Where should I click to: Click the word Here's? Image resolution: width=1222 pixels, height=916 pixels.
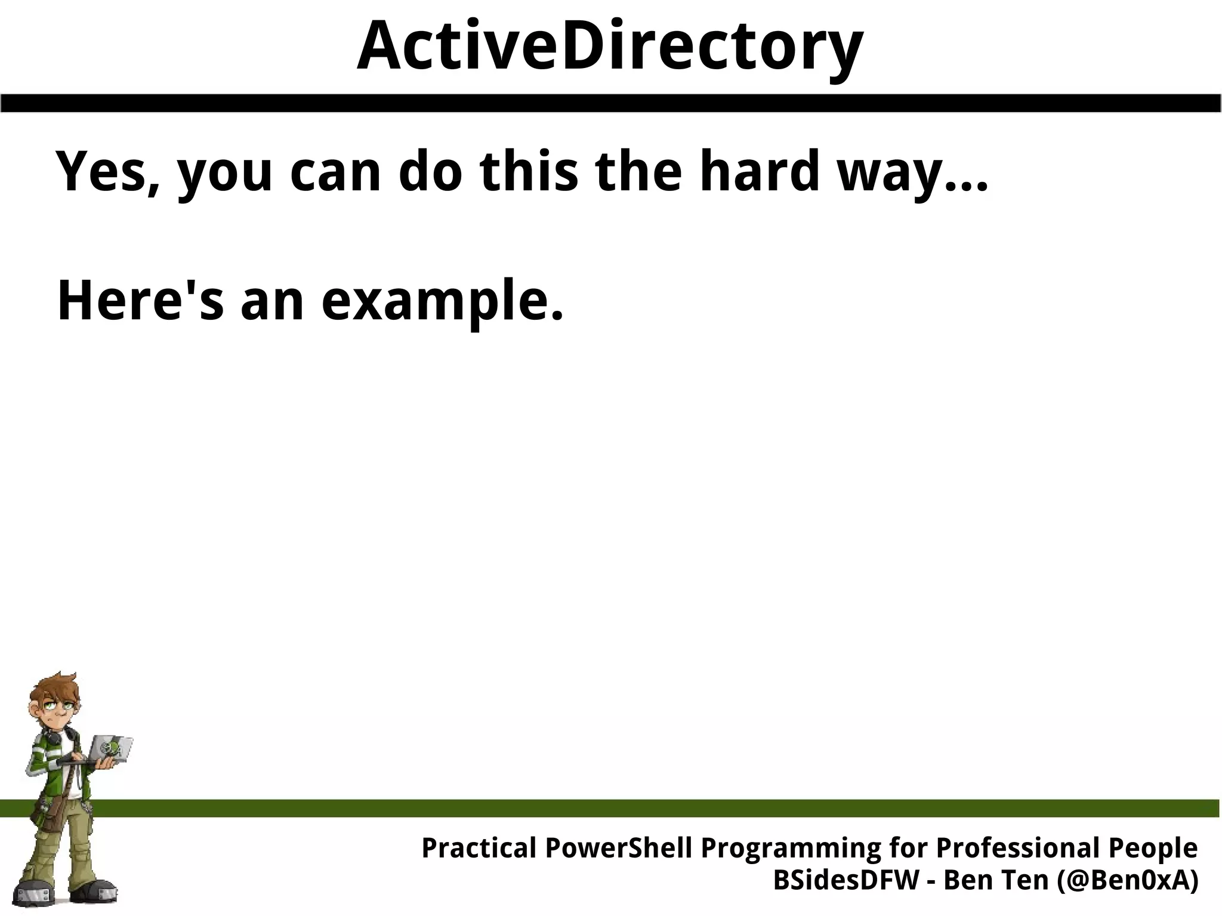pos(141,301)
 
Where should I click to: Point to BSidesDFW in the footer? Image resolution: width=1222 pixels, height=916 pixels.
pos(846,880)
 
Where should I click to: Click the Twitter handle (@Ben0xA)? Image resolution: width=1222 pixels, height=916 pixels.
pos(1128,881)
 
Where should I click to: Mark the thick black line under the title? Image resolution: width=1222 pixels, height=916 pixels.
pos(611,103)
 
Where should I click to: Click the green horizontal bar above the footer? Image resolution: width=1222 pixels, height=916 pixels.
pos(656,808)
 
